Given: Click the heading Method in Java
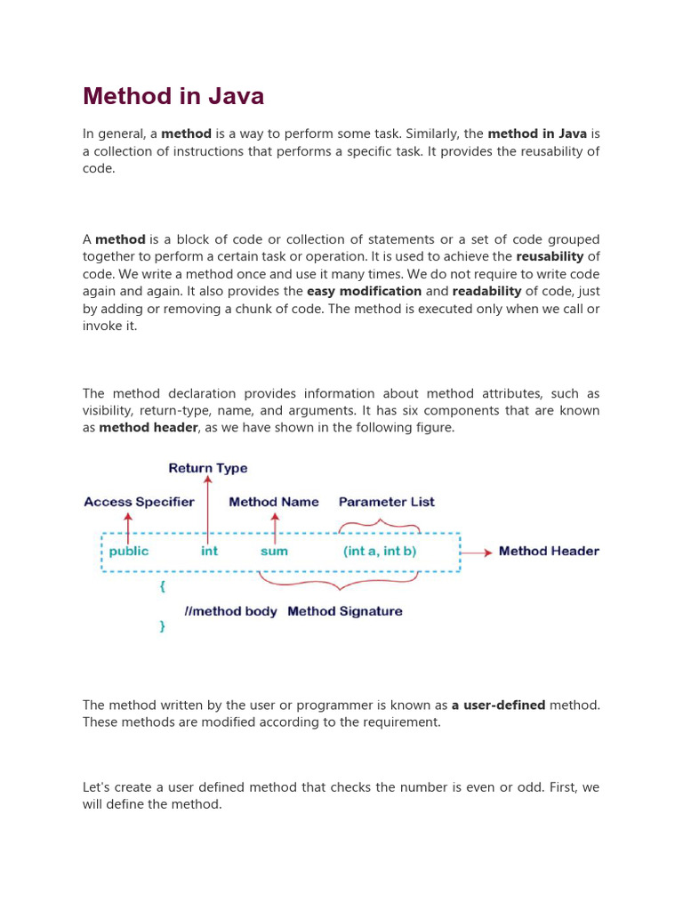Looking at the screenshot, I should click(173, 96).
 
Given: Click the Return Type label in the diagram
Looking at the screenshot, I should click(208, 468).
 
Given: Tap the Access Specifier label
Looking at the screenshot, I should click(139, 502).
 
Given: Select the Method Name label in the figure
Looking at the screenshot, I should click(274, 502).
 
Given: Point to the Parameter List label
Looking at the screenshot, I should click(387, 502).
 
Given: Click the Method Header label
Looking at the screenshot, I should click(549, 552).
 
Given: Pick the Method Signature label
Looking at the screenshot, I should click(345, 611).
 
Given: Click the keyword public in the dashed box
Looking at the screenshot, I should click(129, 552).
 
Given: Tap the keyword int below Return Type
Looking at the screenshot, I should click(209, 552).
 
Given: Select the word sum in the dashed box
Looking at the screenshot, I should click(274, 552).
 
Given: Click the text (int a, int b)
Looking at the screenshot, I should click(380, 552).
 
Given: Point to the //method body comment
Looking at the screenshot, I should click(230, 611).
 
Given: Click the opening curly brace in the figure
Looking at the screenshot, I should click(162, 587).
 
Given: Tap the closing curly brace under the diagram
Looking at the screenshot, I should click(162, 626).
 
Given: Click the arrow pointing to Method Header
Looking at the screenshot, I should click(477, 552).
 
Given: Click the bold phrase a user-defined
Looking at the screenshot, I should click(498, 705).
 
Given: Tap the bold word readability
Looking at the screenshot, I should click(486, 291).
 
